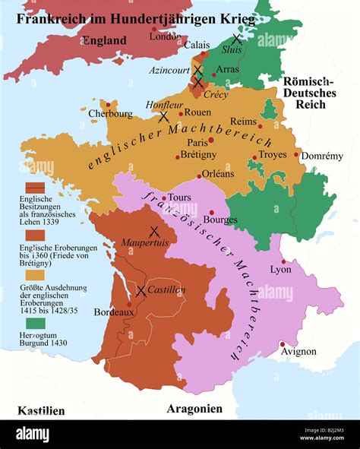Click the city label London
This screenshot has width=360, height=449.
tap(165, 36)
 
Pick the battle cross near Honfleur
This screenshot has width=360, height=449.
tap(163, 117)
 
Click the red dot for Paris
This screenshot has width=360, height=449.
tap(212, 140)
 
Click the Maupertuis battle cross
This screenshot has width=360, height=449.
tap(154, 231)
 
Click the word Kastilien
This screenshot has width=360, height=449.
tap(41, 410)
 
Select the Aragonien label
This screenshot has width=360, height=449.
tap(194, 409)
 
